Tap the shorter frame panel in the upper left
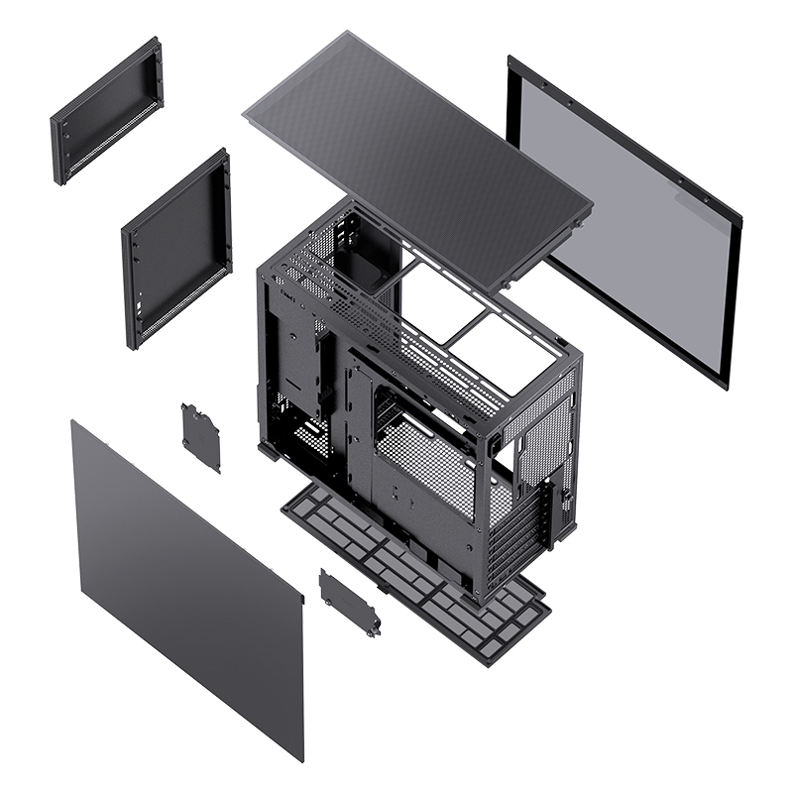(107, 109)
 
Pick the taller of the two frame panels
(176, 248)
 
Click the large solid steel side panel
(183, 585)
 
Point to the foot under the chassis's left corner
(268, 450)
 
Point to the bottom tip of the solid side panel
(299, 758)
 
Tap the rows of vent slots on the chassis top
(396, 327)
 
